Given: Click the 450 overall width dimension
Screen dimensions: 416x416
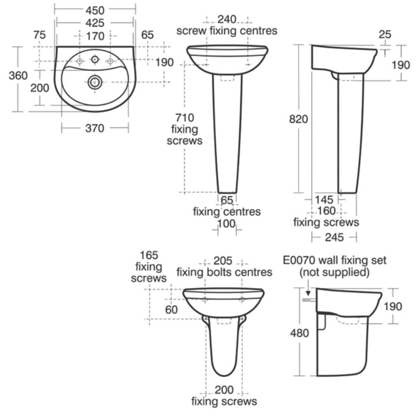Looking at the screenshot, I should point(95,9).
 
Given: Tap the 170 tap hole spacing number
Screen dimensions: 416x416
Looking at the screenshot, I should point(95,36).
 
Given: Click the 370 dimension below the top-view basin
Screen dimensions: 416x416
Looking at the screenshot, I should point(95,129).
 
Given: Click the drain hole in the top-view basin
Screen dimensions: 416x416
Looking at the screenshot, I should point(95,82).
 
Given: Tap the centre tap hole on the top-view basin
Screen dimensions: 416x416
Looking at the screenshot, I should point(95,60).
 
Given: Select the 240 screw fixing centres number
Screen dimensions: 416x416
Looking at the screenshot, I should point(227,20).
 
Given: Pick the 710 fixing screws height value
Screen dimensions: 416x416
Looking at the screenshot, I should point(184,118).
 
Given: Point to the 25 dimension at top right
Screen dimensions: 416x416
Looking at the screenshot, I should point(385,35).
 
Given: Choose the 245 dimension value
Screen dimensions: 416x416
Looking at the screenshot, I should point(334,237).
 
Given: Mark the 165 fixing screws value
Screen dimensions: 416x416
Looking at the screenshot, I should point(149,255).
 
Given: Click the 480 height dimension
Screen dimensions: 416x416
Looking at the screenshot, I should point(300,333).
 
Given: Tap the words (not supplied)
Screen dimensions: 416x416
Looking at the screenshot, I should point(335,273).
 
